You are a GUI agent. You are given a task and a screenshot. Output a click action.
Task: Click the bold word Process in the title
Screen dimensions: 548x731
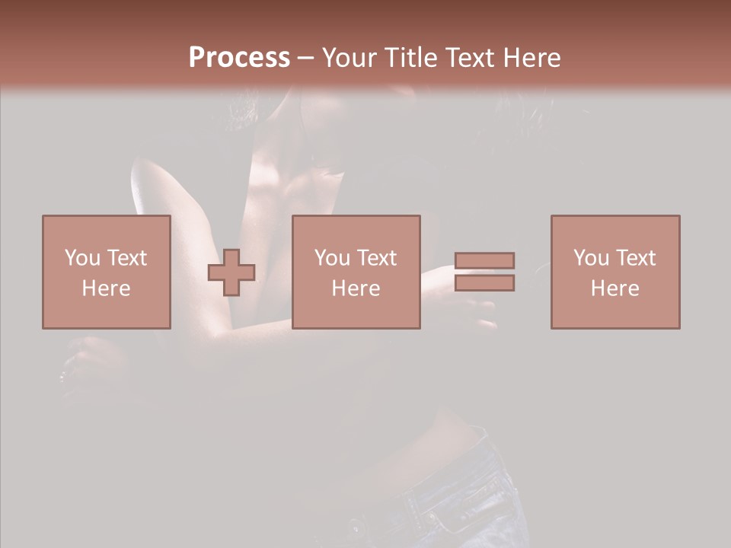[239, 58]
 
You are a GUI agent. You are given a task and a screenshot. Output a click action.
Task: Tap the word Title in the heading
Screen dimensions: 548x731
[410, 58]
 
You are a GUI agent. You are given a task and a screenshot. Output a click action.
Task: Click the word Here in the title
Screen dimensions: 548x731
[532, 58]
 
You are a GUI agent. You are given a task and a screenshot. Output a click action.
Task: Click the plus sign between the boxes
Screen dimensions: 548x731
[231, 272]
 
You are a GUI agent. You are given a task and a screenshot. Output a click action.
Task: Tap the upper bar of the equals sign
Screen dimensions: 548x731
[484, 260]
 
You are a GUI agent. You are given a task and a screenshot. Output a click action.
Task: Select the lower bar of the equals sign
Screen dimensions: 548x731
[484, 282]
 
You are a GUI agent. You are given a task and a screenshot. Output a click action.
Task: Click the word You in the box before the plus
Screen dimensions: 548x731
[82, 258]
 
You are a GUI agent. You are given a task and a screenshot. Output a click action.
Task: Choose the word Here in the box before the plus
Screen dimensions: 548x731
[106, 288]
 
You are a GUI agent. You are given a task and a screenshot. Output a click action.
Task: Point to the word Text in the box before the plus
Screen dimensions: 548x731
[126, 258]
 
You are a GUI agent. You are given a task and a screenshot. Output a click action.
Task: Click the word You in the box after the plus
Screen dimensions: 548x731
[332, 258]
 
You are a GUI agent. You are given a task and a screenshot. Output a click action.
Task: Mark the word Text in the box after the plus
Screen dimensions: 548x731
[376, 258]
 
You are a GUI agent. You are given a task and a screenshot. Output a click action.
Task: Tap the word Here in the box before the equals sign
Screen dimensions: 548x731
[356, 288]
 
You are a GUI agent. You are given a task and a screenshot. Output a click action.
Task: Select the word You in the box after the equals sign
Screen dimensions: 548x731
[591, 258]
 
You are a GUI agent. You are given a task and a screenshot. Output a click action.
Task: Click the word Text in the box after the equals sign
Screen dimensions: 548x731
[635, 258]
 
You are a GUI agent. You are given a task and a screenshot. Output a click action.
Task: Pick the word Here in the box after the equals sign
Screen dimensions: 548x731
[614, 288]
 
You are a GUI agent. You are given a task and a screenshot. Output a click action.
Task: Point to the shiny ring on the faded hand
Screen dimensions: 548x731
[62, 375]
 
